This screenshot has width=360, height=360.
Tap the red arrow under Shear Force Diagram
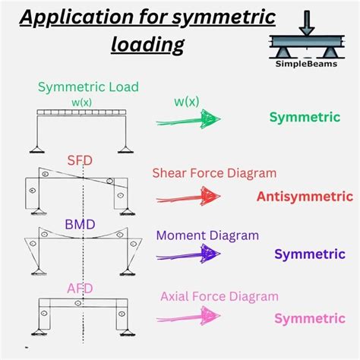coord(188,197)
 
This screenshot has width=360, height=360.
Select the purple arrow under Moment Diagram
coord(188,253)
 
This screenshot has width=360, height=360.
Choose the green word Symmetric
coord(305,117)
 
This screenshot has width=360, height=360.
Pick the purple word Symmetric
coord(309,253)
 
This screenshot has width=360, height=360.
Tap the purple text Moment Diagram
coord(207,235)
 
